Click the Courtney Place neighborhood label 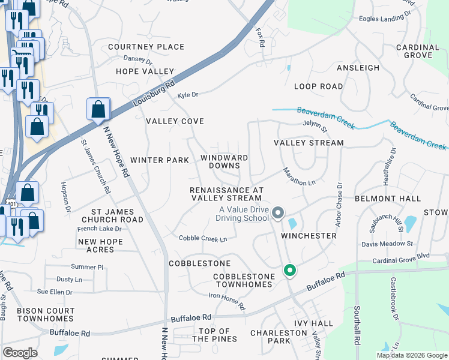pyautogui.click(x=146, y=47)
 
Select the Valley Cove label pyautogui.click(x=175, y=121)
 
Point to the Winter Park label pyautogui.click(x=160, y=160)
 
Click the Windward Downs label pyautogui.click(x=224, y=161)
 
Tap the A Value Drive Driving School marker pyautogui.click(x=278, y=212)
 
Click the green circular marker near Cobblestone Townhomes pyautogui.click(x=290, y=271)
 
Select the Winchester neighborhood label pyautogui.click(x=309, y=236)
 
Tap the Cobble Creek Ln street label pyautogui.click(x=203, y=239)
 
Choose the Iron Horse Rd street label pyautogui.click(x=227, y=301)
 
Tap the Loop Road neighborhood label pyautogui.click(x=319, y=86)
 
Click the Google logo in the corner pyautogui.click(x=20, y=353)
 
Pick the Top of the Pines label pyautogui.click(x=214, y=335)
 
